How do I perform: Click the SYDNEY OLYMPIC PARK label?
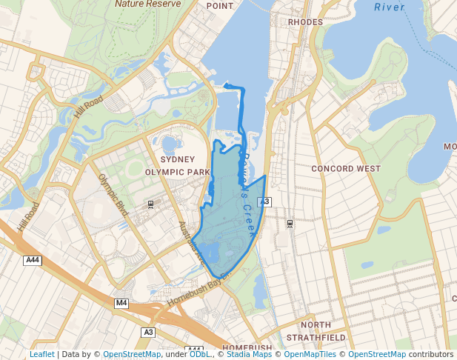(x=177, y=165)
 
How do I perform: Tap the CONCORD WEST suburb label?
(x=346, y=169)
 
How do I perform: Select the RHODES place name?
(x=305, y=22)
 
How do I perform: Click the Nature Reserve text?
(x=147, y=4)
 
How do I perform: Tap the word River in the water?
(x=390, y=7)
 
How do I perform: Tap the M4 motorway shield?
(x=121, y=303)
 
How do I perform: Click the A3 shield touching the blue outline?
(x=265, y=202)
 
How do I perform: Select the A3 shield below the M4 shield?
(x=148, y=332)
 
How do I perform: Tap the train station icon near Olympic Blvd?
(x=151, y=204)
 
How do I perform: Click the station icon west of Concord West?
(x=289, y=222)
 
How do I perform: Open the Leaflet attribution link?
(x=41, y=354)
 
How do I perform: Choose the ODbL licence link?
(x=199, y=354)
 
